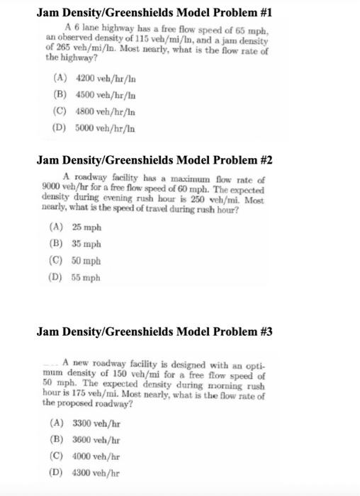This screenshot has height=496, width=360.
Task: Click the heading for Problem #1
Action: pyautogui.click(x=154, y=13)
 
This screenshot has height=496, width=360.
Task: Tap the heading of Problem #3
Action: pyautogui.click(x=154, y=332)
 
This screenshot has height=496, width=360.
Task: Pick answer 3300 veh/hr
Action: pyautogui.click(x=96, y=422)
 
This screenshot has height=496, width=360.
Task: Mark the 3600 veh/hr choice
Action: pyautogui.click(x=96, y=439)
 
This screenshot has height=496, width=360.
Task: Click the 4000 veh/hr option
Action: pyautogui.click(x=96, y=455)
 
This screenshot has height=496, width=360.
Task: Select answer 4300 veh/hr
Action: pyautogui.click(x=96, y=472)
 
